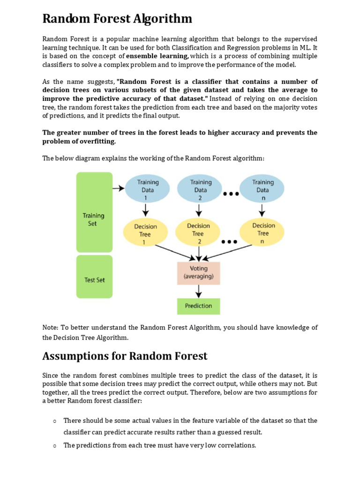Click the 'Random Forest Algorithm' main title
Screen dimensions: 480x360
[x=117, y=19]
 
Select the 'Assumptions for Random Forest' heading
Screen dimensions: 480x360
[x=125, y=356]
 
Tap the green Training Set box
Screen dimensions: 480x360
[x=94, y=212]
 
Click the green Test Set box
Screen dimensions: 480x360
[x=94, y=279]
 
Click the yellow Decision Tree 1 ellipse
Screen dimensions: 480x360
[x=145, y=233]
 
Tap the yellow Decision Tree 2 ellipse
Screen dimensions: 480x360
[x=198, y=233]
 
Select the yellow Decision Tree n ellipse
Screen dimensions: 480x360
[x=263, y=232]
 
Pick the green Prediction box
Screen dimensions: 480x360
[x=198, y=306]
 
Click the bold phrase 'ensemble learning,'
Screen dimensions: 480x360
[x=157, y=56]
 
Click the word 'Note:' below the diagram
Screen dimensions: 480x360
[x=51, y=328]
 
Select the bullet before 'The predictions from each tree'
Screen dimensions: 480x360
[x=55, y=446]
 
